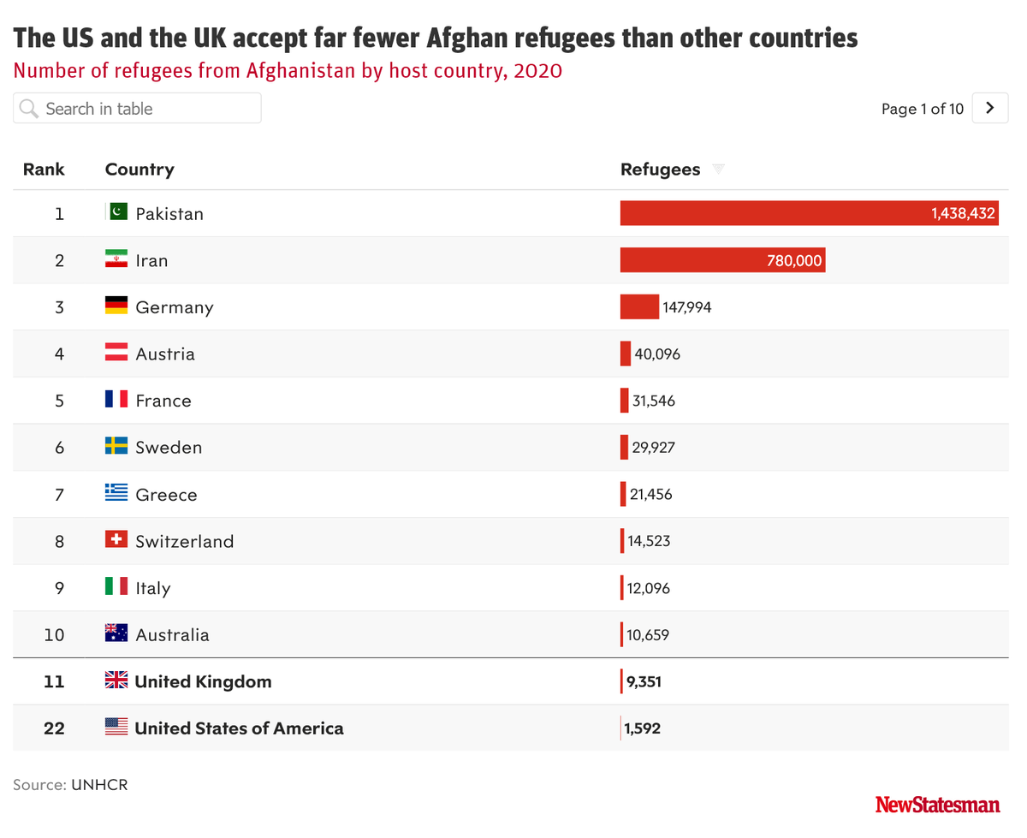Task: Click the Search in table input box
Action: pyautogui.click(x=137, y=109)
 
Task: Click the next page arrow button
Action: pyautogui.click(x=990, y=108)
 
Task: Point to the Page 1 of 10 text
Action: pyautogui.click(x=922, y=109)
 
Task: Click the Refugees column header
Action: pyautogui.click(x=660, y=169)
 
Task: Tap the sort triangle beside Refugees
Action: pyautogui.click(x=718, y=169)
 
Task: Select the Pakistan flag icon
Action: pyautogui.click(x=117, y=212)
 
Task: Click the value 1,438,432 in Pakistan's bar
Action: pyautogui.click(x=963, y=213)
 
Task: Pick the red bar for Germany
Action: pyautogui.click(x=639, y=307)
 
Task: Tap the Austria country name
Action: pyautogui.click(x=165, y=354)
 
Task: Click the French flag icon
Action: pyautogui.click(x=116, y=400)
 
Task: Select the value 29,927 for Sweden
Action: pyautogui.click(x=653, y=448)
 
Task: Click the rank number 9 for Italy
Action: pyautogui.click(x=59, y=588)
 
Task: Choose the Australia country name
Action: pyautogui.click(x=172, y=635)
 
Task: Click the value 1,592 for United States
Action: pyautogui.click(x=643, y=728)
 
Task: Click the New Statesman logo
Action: pyautogui.click(x=937, y=805)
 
